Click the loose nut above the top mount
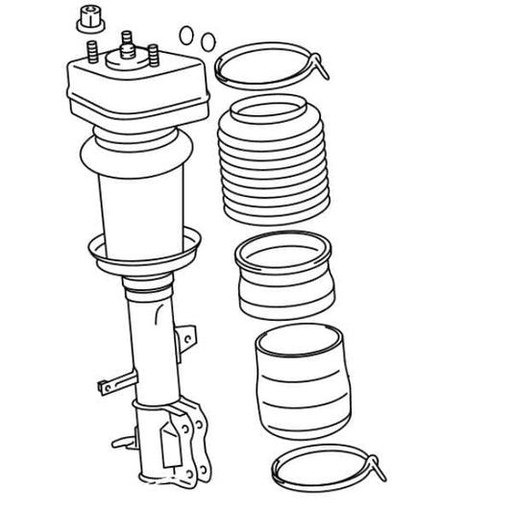pyautogui.click(x=91, y=17)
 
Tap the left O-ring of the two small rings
pyautogui.click(x=186, y=36)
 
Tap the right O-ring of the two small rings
pyautogui.click(x=206, y=41)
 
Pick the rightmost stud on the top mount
pyautogui.click(x=151, y=55)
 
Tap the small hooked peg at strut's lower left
pyautogui.click(x=122, y=443)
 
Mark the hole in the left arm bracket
pyautogui.click(x=105, y=387)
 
